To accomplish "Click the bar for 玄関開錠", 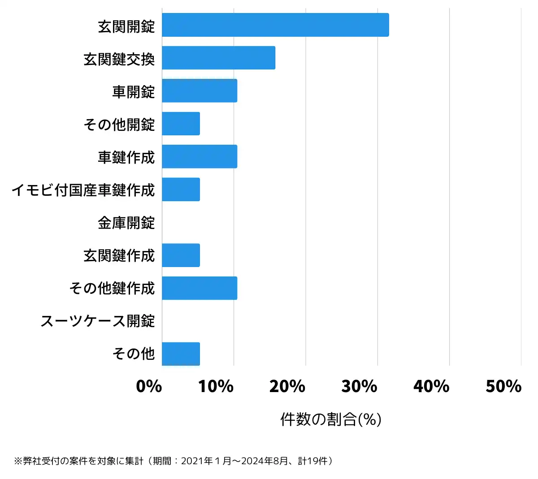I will pos(275,25).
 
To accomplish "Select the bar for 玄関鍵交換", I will pos(218,58).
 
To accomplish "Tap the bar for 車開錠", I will pos(200,91).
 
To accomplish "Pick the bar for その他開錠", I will pos(181,124).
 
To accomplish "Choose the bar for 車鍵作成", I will pos(200,156).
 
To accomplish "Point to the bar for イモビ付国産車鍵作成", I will pos(181,189).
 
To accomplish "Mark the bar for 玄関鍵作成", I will pos(181,255).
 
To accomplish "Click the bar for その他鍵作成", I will pos(200,288).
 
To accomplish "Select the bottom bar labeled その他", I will pos(181,354).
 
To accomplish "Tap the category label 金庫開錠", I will pos(126,223).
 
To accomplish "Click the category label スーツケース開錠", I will pos(98,321).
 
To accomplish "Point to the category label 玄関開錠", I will pos(126,26).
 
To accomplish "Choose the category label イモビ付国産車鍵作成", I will pos(83,190).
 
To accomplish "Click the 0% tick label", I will pos(149,386).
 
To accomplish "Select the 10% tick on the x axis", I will pos(216,386).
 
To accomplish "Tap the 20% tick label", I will pos(287,386).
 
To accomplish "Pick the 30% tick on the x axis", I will pos(359,386).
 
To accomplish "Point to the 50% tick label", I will pos(503,386).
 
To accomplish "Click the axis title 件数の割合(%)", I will pos(331,419).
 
